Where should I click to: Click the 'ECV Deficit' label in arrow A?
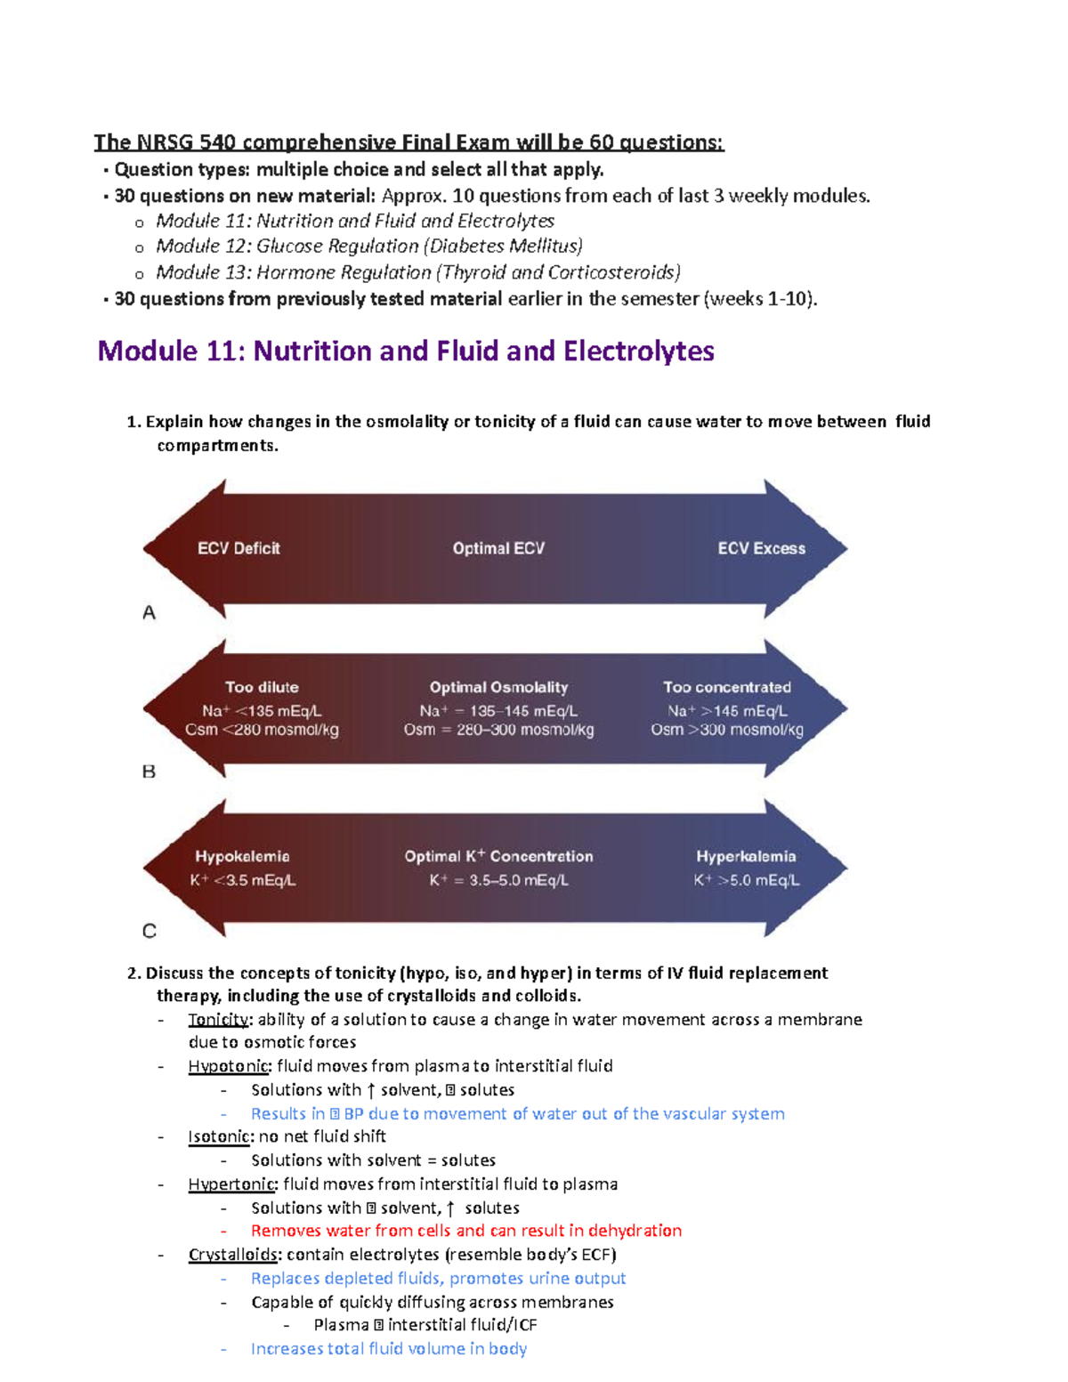click(239, 548)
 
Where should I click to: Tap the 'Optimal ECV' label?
click(498, 548)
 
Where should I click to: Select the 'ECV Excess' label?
click(761, 548)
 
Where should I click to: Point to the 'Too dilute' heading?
click(262, 687)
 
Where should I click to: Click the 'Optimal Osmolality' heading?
click(498, 687)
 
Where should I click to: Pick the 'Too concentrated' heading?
click(726, 687)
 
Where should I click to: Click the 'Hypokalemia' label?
click(242, 856)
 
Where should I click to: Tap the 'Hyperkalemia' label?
click(746, 856)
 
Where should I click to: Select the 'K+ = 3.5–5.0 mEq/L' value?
click(498, 880)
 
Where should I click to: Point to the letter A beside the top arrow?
click(150, 613)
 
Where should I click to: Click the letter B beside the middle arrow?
click(150, 772)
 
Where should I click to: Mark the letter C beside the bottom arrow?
click(150, 931)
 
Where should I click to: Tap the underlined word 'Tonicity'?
click(218, 1020)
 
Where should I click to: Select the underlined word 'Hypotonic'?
click(228, 1066)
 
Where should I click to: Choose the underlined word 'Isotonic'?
click(219, 1136)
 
